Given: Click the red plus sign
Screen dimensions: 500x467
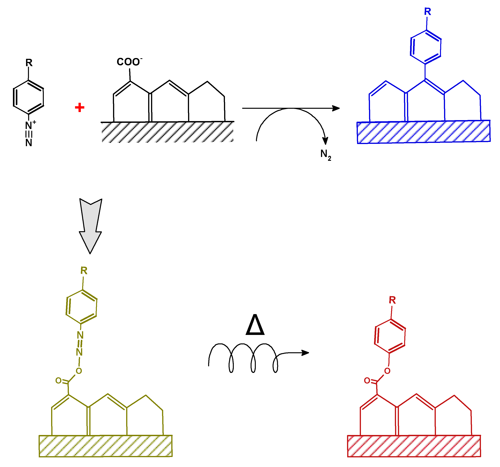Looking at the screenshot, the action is click(x=79, y=108).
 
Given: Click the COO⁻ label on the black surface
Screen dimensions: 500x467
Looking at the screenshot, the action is click(x=129, y=62).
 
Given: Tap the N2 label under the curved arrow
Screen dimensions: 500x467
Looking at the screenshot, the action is click(x=325, y=154).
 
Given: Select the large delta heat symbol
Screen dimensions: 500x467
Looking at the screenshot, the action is click(x=255, y=325).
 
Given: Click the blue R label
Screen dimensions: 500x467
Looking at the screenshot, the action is click(x=427, y=12).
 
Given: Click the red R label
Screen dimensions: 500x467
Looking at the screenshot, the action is click(x=392, y=300).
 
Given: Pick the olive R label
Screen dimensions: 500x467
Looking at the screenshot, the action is click(x=84, y=271).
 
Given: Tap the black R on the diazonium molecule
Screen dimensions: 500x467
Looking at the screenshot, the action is click(x=29, y=63).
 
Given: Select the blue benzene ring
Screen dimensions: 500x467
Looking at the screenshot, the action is click(x=426, y=47).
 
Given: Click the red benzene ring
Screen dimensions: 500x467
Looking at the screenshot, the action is click(x=390, y=336).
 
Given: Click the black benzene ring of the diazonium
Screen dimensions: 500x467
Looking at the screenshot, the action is click(x=28, y=97).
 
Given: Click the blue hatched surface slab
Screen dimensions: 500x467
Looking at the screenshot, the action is click(x=424, y=132).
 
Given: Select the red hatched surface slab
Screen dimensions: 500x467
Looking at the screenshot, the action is click(x=414, y=446).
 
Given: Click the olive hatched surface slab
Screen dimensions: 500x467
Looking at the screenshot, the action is click(x=106, y=446).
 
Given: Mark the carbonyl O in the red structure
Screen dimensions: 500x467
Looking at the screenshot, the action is click(x=367, y=381).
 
